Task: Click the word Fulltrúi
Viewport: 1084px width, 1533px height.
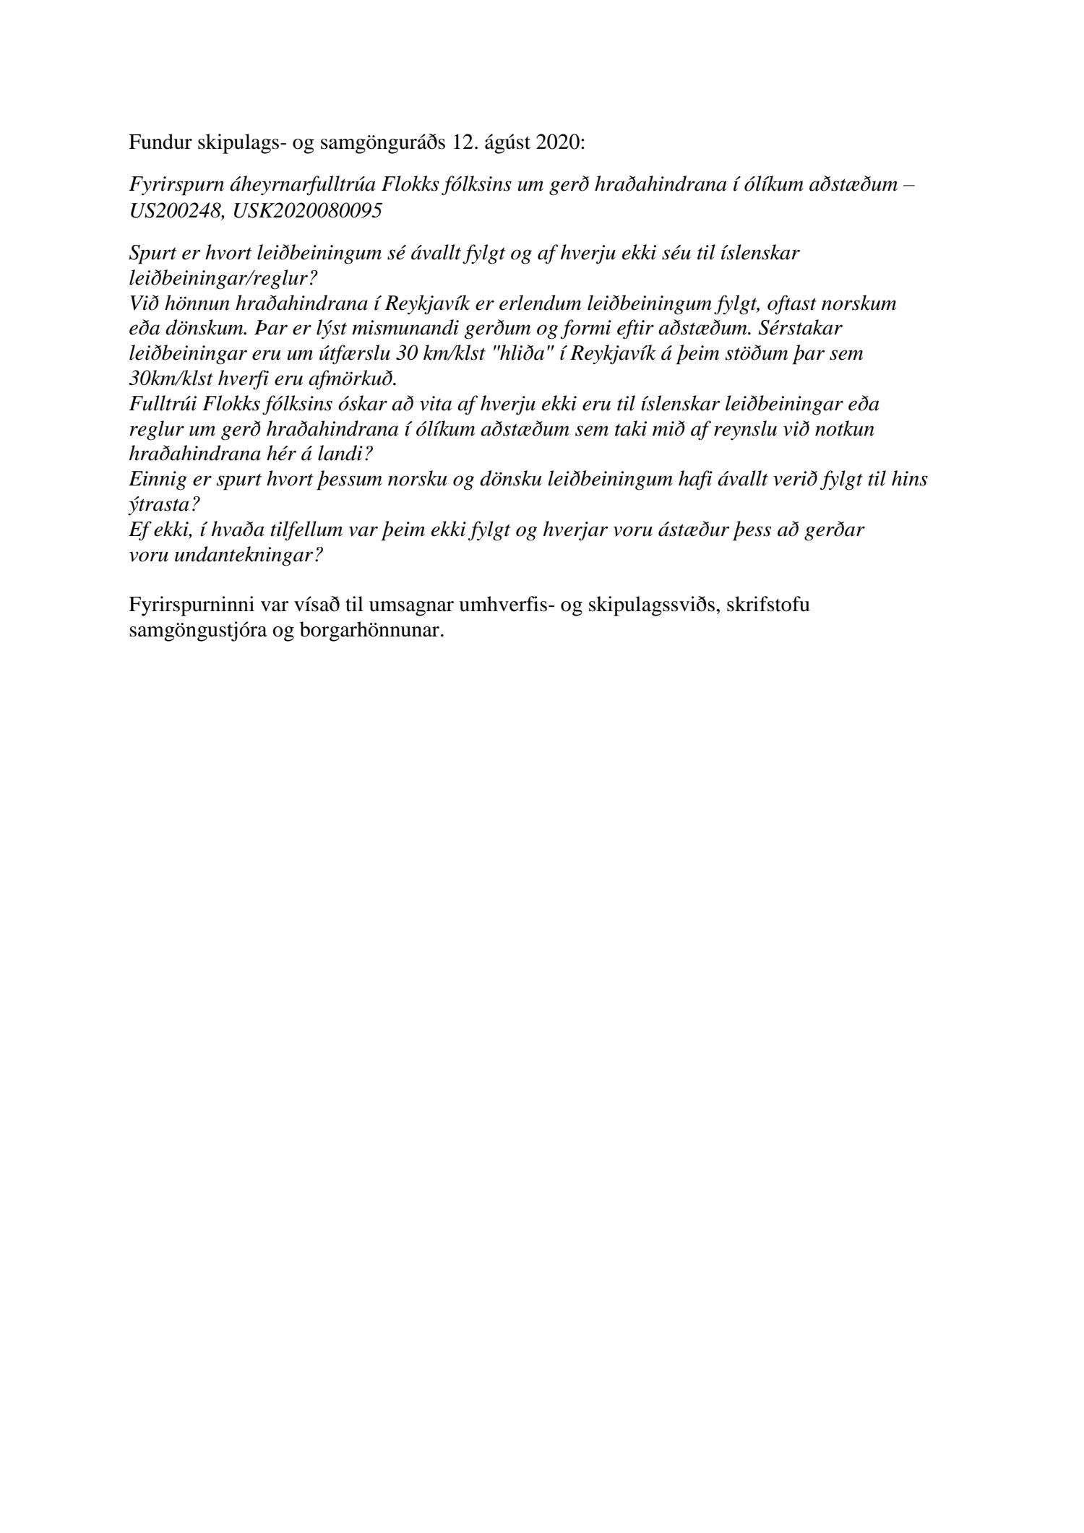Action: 159,404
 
